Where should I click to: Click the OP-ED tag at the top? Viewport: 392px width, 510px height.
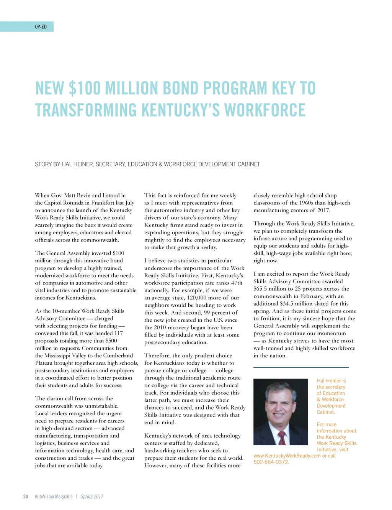coord(41,27)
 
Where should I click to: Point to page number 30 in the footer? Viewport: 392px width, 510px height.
coord(26,496)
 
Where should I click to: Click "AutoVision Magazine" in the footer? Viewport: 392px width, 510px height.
coord(54,496)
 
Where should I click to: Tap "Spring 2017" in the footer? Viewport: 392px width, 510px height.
coord(92,496)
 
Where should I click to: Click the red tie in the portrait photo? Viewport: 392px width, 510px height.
coord(282,437)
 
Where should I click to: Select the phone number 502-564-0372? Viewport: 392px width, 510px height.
coord(271,462)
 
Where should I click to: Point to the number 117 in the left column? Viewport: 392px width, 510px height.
coord(118,333)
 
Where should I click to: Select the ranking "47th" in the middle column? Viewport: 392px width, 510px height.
coord(235,283)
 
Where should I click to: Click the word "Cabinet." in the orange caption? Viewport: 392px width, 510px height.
coord(326,412)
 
